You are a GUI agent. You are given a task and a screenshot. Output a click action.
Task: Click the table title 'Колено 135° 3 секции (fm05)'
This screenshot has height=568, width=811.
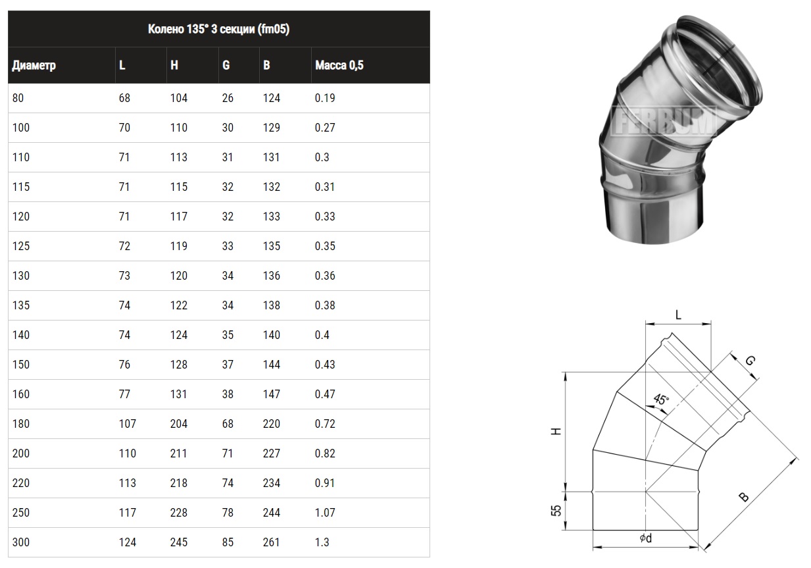(218, 29)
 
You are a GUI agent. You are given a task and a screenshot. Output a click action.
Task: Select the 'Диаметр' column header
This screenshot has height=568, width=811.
(34, 65)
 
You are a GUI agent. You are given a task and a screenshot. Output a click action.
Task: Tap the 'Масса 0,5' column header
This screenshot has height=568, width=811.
(339, 65)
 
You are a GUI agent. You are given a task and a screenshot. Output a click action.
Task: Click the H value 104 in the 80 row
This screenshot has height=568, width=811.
(179, 98)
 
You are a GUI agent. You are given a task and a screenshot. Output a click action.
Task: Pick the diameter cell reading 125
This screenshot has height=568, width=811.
(21, 246)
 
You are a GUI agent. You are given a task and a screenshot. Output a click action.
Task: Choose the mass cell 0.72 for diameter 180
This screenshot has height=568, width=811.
(325, 423)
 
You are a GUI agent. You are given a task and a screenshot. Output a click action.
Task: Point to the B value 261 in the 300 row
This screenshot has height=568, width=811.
(272, 542)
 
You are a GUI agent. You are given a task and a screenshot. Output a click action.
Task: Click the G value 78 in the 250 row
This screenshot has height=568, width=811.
(228, 512)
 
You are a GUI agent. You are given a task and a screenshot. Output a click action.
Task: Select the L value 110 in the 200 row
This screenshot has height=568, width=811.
(128, 453)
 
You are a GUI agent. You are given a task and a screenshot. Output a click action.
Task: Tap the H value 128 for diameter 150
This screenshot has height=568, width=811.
(179, 364)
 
